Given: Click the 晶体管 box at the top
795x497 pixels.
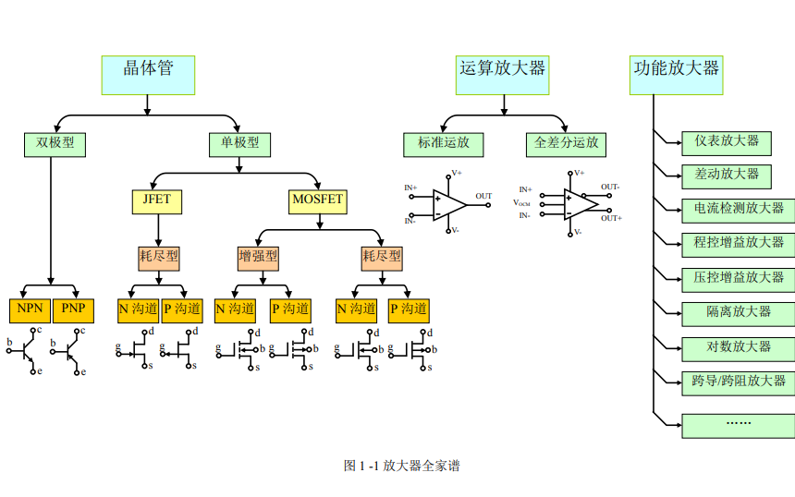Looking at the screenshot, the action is pos(148,75).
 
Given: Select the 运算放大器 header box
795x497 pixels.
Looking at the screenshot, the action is pos(503,75).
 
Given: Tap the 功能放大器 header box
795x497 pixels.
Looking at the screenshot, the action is pos(677,75).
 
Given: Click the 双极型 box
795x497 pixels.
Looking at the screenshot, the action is pos(55,145).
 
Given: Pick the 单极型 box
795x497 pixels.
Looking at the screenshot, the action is pos(239,145).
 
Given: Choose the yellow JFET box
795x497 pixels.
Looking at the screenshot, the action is pos(156,201).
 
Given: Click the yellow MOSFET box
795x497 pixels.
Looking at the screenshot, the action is pos(318,201).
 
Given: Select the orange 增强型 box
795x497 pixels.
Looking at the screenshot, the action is pos(259,259).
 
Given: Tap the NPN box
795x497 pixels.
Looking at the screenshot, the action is pos(30,310).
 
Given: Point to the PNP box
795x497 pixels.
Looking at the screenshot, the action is pos(74,310).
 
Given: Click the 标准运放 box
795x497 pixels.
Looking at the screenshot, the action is pos(444,145).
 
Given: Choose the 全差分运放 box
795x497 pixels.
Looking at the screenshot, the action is pos(567,145).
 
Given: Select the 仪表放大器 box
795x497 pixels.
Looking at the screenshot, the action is pos(727,143).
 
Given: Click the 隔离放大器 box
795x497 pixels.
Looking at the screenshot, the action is pos(739,314).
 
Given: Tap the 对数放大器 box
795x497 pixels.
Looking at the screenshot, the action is pos(739,349).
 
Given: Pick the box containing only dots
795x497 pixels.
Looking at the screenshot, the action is pos(739,426).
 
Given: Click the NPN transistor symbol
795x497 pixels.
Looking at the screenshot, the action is pos(25,351).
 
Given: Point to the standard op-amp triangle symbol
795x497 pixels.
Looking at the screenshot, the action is pos(448,205).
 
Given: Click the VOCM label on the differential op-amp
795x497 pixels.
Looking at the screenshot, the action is pos(521,203).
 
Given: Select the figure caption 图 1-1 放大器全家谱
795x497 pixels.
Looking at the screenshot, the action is pos(401,466).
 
